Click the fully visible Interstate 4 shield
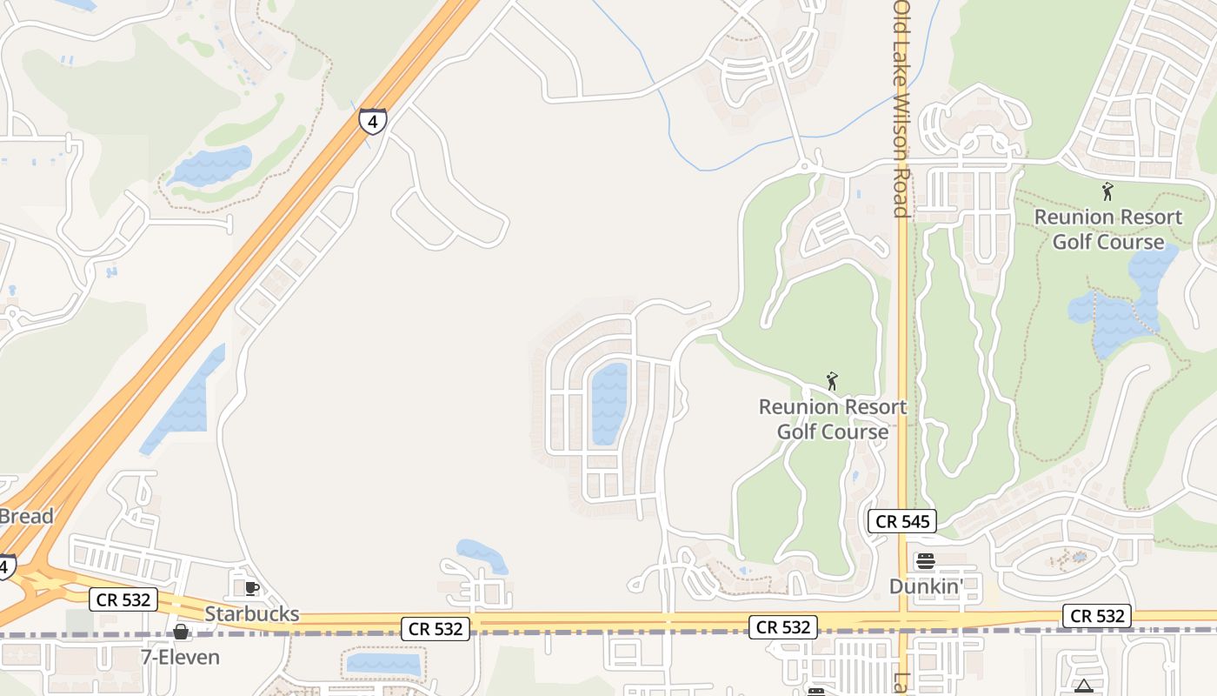pos(372,121)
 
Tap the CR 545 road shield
pos(902,522)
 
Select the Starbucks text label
pos(252,614)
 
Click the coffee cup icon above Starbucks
pos(252,589)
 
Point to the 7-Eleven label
pos(181,657)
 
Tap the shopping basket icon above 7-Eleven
pos(181,632)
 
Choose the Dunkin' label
pos(926,586)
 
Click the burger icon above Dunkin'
pos(926,561)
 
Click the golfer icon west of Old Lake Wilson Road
pos(832,381)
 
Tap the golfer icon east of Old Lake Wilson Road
pos(1107,191)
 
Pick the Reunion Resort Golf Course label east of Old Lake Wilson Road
pos(1108,229)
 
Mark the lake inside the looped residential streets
pos(608,403)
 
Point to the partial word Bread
pos(26,516)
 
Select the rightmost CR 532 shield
pos(1097,616)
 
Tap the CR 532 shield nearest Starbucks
pos(123,599)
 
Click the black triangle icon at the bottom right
pos(1083,686)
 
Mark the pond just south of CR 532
pos(382,664)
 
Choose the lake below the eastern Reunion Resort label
pos(1121,304)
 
